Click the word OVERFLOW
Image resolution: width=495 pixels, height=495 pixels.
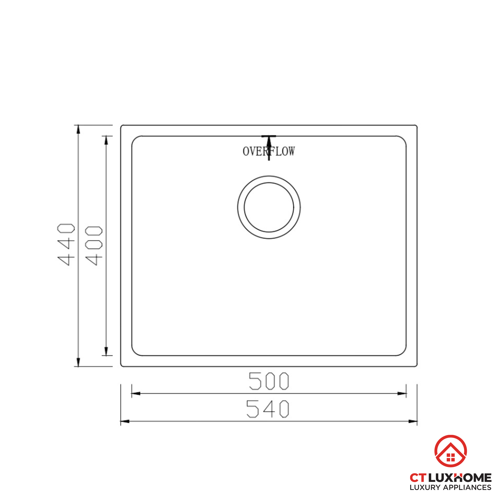pyautogui.click(x=269, y=151)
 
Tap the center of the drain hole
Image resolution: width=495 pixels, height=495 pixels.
pyautogui.click(x=269, y=207)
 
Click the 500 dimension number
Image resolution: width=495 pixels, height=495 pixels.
pyautogui.click(x=269, y=381)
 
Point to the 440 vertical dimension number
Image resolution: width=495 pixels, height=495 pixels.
pyautogui.click(x=66, y=245)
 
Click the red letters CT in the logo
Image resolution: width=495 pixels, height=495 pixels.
pyautogui.click(x=418, y=478)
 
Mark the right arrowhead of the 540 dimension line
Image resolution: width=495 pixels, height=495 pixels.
pyautogui.click(x=413, y=421)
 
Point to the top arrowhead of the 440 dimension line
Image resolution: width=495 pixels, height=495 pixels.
pyautogui.click(x=78, y=129)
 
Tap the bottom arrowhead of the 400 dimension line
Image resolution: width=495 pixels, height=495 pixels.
pyautogui.click(x=106, y=351)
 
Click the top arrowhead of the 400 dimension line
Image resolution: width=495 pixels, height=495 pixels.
pyautogui.click(x=106, y=140)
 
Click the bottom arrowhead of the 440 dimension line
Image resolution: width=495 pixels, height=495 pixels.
pyautogui.click(x=78, y=362)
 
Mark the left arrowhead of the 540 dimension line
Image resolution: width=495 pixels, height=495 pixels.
pyautogui.click(x=125, y=421)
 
